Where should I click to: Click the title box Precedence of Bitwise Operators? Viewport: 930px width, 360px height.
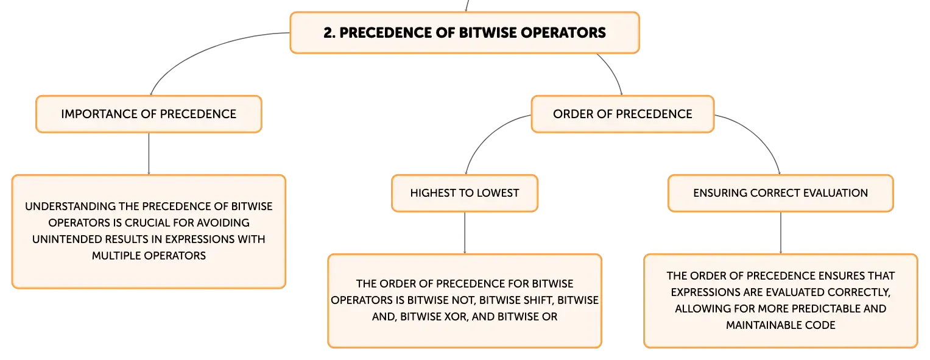[x=465, y=33]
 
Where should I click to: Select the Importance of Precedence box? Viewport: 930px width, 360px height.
[x=149, y=114]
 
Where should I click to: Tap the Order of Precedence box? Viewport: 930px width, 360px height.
[x=622, y=114]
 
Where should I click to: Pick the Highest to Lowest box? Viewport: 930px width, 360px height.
[x=465, y=193]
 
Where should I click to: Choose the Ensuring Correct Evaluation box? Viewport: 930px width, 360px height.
[x=781, y=193]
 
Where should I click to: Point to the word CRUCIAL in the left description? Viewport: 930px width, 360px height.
[x=147, y=223]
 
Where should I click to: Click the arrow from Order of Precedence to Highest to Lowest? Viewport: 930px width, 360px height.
[x=486, y=137]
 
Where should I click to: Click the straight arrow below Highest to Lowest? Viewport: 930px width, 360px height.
[x=465, y=233]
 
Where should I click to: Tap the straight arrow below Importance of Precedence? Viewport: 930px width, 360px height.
[x=149, y=154]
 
